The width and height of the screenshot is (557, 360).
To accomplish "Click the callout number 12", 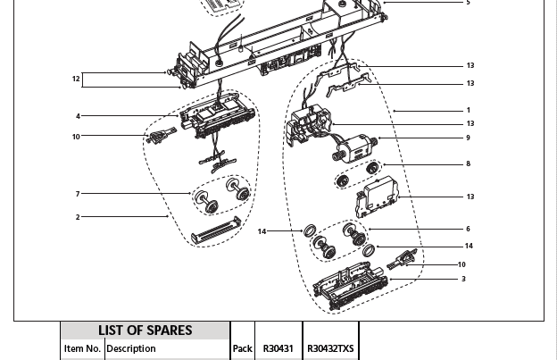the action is (x=76, y=79).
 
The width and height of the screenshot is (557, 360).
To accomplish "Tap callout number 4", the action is (x=78, y=116).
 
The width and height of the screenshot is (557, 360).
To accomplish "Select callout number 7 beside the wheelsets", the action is (x=78, y=194).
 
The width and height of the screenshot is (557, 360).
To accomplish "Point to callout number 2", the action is (x=78, y=217).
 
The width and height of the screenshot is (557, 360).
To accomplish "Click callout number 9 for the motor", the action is (x=469, y=138).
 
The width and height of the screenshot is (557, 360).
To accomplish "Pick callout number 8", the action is (x=469, y=163).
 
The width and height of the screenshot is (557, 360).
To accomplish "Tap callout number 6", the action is (x=469, y=229).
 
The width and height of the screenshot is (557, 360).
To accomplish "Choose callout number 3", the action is (x=463, y=279).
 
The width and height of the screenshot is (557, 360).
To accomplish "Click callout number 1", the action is (x=469, y=111).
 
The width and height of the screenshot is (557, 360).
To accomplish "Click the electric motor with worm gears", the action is (x=354, y=147).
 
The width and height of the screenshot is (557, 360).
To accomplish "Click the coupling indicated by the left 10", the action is (x=161, y=135).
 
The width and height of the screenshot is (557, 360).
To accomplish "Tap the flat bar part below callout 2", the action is (x=216, y=230).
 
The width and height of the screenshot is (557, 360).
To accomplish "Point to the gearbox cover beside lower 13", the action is (x=378, y=197).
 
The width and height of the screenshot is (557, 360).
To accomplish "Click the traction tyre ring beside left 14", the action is (x=310, y=230).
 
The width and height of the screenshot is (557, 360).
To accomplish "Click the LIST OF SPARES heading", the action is (x=145, y=331).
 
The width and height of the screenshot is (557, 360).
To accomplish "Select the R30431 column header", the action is (x=278, y=348).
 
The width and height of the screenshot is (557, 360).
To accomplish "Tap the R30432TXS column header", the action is (x=330, y=348).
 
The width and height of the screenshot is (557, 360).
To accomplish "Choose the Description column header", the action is (x=131, y=349).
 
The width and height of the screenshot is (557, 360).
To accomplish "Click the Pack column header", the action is (x=243, y=349).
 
